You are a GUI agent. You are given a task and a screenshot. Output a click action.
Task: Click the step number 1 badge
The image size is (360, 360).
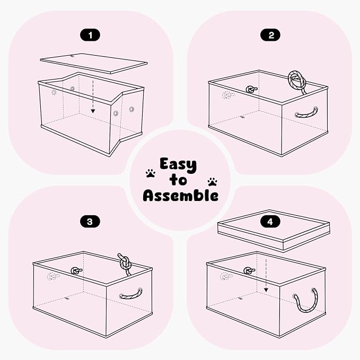90,36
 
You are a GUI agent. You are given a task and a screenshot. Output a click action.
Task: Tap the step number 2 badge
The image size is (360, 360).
270,36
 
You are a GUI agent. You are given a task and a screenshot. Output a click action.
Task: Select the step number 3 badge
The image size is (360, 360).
90,222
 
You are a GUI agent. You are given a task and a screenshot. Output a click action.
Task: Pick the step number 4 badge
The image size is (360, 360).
270,222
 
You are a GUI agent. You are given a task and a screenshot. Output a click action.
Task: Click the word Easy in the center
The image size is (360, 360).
178,165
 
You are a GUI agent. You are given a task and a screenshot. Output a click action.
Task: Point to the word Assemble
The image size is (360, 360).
180,196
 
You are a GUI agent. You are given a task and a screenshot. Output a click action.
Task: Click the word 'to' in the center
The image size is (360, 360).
178,180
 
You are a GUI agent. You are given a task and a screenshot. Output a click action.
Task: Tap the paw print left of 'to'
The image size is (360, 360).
151,173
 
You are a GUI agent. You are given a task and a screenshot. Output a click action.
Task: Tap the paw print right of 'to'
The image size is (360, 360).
213,182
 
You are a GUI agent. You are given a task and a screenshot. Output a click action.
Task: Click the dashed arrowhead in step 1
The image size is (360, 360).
93,111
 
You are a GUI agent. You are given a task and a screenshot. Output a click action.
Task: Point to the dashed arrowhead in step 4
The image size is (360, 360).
266,290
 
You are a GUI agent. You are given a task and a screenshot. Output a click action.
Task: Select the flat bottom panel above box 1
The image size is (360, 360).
94,64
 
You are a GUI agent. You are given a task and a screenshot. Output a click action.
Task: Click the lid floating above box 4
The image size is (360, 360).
274,230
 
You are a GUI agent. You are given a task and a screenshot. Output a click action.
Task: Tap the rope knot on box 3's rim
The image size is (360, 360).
125,262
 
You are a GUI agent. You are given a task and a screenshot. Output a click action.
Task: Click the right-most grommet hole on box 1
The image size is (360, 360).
132,109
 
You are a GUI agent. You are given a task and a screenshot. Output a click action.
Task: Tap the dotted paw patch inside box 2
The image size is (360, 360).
227,95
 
